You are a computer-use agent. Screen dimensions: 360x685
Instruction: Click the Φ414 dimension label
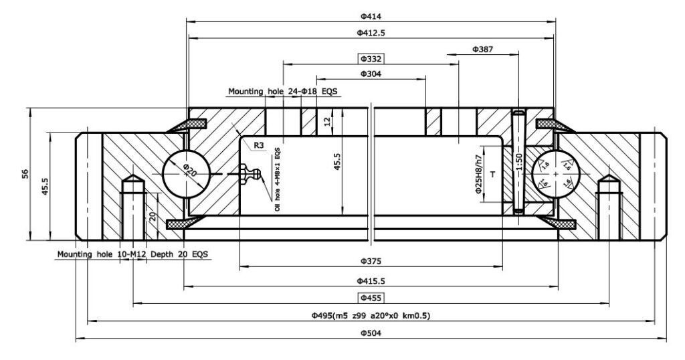[370, 15]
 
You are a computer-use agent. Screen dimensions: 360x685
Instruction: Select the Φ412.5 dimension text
[370, 32]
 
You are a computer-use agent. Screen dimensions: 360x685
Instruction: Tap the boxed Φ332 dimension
[370, 59]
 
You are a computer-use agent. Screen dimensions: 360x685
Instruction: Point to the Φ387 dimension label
[483, 49]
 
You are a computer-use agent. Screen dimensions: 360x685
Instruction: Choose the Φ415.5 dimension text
[370, 280]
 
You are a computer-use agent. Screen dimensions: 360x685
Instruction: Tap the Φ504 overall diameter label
[370, 333]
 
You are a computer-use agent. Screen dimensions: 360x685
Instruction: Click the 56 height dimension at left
[25, 173]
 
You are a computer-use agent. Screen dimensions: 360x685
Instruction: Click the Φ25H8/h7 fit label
[478, 175]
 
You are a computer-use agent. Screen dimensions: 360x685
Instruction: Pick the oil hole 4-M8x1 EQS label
[276, 180]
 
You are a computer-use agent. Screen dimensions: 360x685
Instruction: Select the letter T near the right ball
[492, 174]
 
